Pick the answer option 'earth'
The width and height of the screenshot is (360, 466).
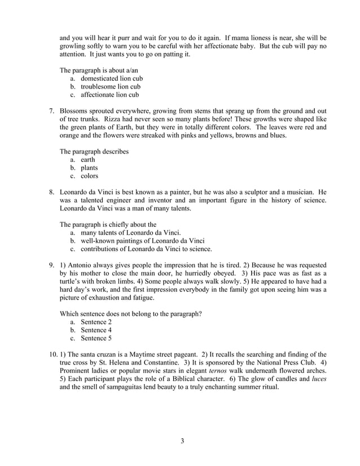(87, 160)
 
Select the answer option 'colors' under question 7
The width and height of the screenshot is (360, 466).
(89, 176)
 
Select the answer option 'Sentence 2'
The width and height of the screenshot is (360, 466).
(96, 322)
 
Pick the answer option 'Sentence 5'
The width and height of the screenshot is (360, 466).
(96, 338)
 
